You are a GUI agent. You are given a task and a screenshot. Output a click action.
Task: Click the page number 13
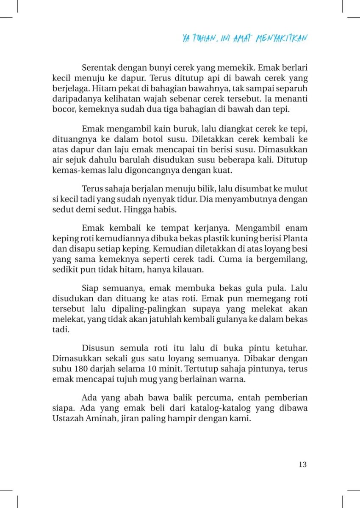tap(302, 464)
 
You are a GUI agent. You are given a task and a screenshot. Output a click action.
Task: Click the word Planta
tap(295, 238)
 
